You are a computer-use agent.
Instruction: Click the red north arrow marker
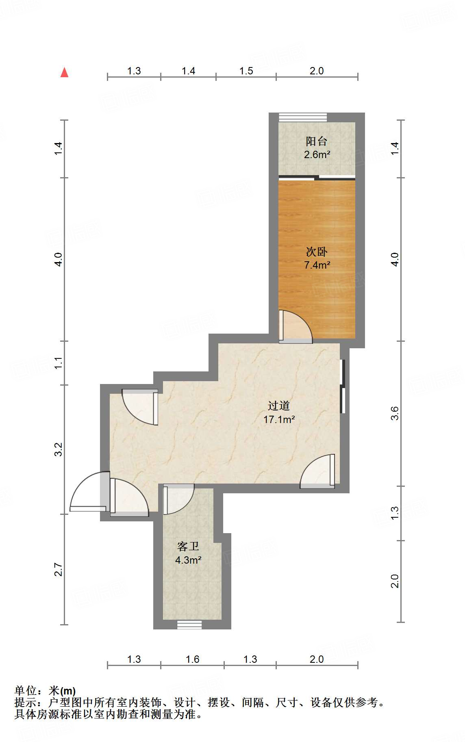tap(64, 72)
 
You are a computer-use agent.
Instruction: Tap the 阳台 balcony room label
tap(317, 141)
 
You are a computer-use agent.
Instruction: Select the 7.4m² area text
tap(317, 265)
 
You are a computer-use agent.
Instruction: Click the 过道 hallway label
tap(279, 406)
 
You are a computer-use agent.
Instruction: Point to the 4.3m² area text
tap(188, 560)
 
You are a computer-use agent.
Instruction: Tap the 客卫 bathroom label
tap(188, 547)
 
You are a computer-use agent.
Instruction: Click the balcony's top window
tap(303, 117)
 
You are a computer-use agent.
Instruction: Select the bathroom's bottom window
tap(189, 625)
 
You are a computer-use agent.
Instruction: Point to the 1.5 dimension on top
tap(246, 71)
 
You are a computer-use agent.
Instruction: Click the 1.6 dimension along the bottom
tap(192, 659)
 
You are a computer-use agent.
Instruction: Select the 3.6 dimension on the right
tap(395, 413)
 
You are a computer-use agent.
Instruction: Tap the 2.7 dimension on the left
tap(59, 569)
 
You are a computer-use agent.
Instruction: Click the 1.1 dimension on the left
tap(59, 363)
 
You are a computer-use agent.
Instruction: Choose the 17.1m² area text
tap(279, 420)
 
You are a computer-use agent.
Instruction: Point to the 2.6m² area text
tap(317, 155)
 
